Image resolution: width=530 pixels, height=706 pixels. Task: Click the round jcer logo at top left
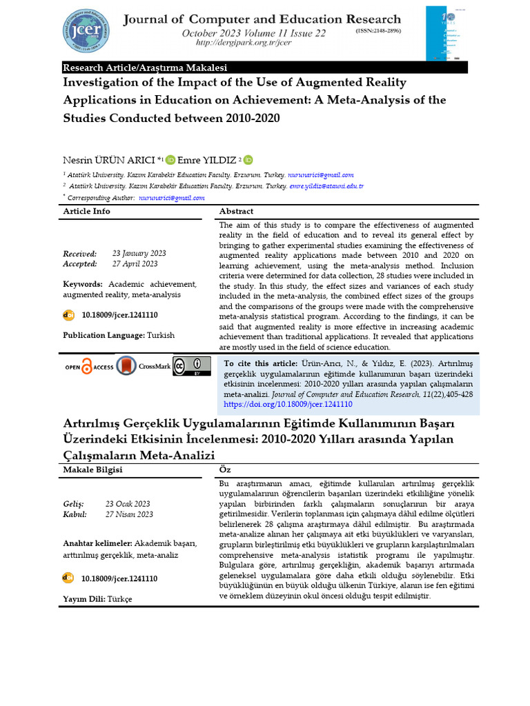89,30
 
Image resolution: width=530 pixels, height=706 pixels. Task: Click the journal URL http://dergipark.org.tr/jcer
234,43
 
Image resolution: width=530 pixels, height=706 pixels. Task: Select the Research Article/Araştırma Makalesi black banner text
145,68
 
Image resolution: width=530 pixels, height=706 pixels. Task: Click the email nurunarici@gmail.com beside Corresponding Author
172,198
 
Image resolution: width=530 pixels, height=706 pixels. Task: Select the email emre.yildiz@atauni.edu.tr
326,186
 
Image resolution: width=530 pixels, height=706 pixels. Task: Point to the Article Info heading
86,212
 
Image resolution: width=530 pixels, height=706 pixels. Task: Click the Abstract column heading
236,212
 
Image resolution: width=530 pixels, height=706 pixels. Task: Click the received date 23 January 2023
139,254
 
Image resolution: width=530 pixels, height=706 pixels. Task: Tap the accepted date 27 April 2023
135,264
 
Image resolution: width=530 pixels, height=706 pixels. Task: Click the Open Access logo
88,367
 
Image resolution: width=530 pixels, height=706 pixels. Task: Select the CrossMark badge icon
127,366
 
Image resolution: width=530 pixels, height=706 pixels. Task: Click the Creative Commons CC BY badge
192,365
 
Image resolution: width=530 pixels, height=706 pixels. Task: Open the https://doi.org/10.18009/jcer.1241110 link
288,405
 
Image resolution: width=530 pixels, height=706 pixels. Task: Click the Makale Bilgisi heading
92,470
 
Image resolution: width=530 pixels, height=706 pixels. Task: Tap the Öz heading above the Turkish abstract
224,470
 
